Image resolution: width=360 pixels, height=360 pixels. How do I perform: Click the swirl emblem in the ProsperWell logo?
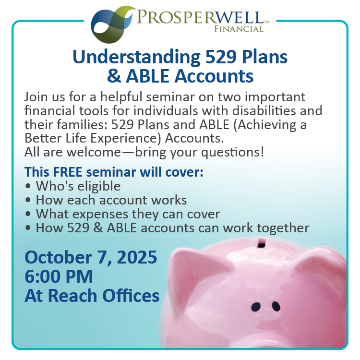112,24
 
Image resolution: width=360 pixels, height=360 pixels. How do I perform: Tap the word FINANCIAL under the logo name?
239,29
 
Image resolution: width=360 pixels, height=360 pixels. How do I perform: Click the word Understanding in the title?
137,58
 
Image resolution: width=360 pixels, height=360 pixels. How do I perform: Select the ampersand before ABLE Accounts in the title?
114,76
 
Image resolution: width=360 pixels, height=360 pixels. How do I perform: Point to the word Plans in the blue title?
264,57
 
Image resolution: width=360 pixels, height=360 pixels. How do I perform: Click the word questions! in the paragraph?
233,153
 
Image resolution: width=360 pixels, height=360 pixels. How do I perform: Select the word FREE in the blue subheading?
68,172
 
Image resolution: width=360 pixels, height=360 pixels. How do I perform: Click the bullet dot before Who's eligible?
28,186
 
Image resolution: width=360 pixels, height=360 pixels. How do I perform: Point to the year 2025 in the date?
137,257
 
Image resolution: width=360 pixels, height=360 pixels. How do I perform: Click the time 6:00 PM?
59,276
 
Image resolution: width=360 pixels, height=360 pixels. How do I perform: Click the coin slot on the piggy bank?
261,243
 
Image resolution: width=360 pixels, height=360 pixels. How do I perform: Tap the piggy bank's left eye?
256,307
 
